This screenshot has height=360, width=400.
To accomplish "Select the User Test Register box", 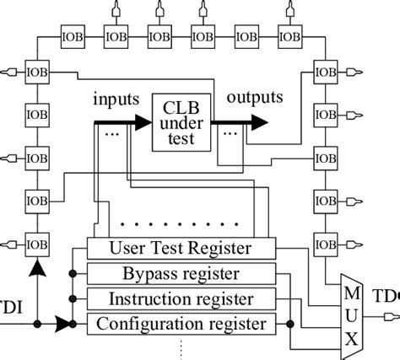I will pyautogui.click(x=181, y=249).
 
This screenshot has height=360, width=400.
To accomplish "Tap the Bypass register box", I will pyautogui.click(x=181, y=274).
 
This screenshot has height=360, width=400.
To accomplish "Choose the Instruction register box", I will pyautogui.click(x=181, y=298).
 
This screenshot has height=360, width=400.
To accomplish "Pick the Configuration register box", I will pyautogui.click(x=181, y=323).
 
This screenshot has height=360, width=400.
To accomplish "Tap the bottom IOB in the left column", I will pyautogui.click(x=37, y=244).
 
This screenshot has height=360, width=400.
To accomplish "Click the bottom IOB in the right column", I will pyautogui.click(x=325, y=244).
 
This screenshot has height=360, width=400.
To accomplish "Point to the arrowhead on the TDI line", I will pyautogui.click(x=63, y=323).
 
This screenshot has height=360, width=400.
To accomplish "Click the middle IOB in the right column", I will pyautogui.click(x=325, y=157).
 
